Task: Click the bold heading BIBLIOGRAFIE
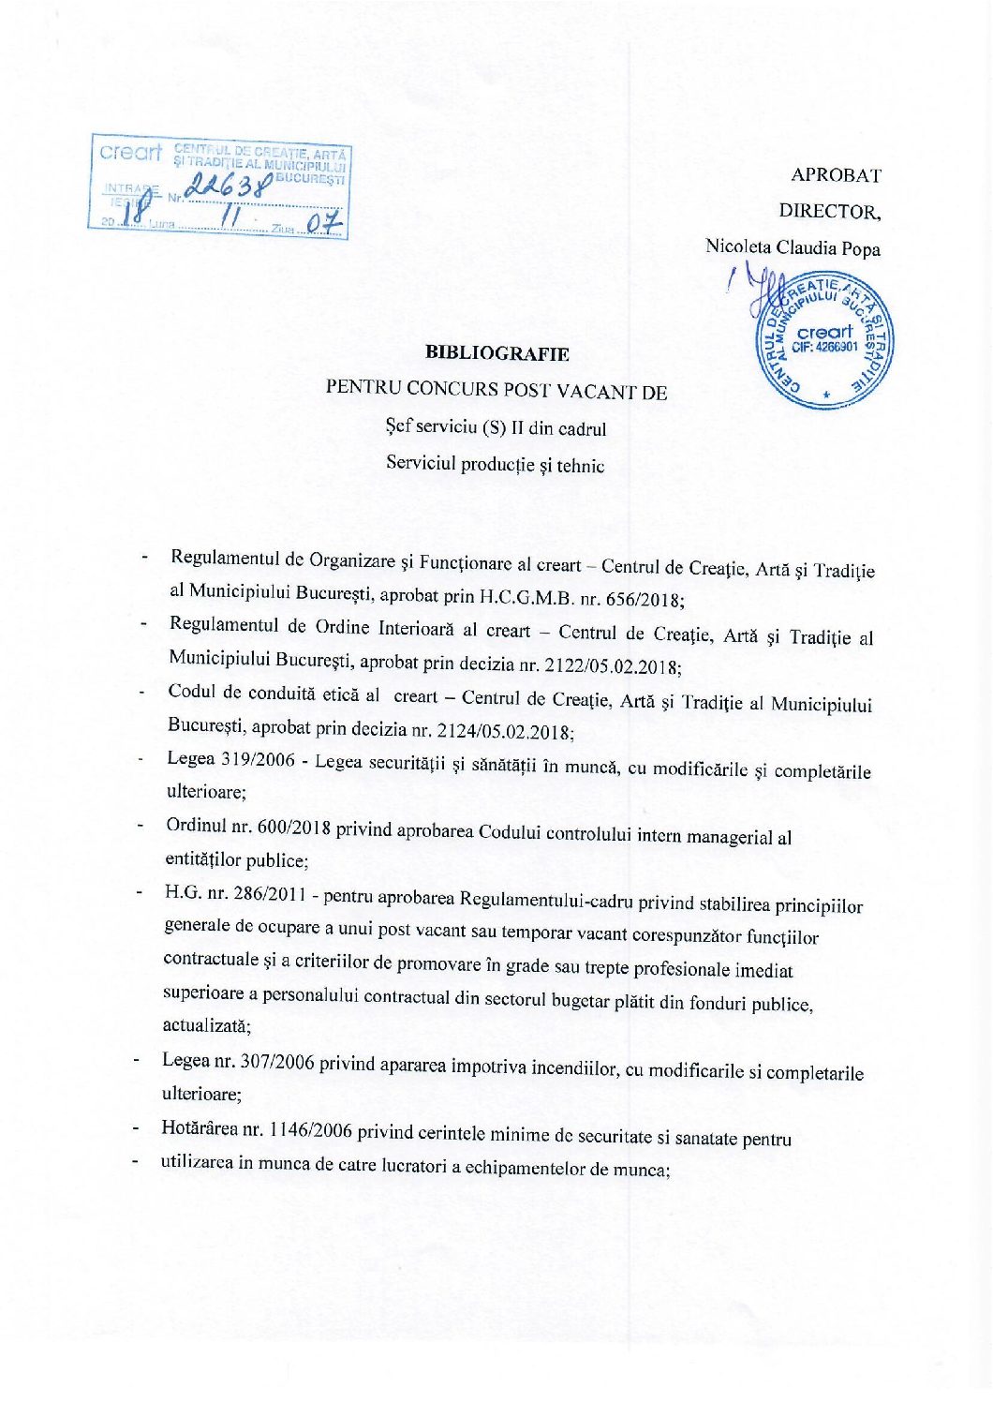point(496,353)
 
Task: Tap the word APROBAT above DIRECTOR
point(836,175)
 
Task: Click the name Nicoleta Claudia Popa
point(793,248)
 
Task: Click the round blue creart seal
point(824,339)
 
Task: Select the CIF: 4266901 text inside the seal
point(824,347)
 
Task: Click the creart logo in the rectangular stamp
point(130,152)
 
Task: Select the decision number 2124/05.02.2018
point(507,731)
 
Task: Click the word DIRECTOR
point(830,212)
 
